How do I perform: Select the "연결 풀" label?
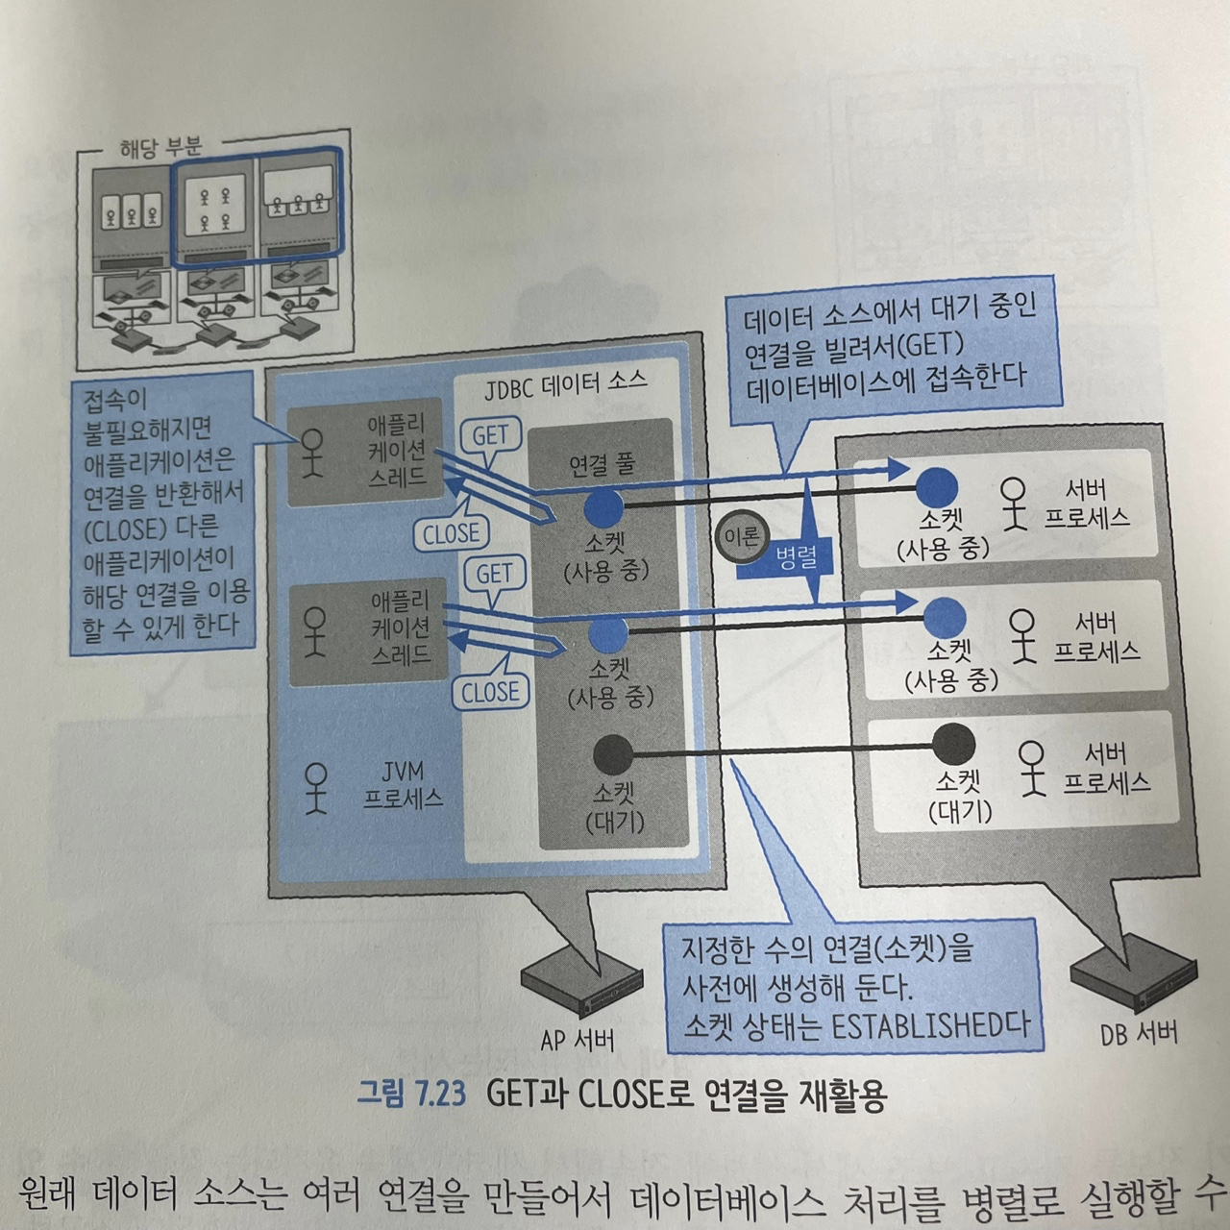[602, 464]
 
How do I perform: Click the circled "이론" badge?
[739, 536]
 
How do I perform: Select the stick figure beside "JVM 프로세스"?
[313, 788]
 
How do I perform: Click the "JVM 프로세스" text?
[403, 784]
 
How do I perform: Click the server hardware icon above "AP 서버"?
[579, 982]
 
